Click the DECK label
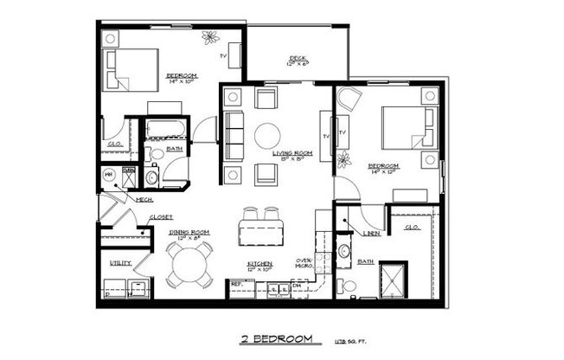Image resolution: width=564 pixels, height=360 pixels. click(x=298, y=59)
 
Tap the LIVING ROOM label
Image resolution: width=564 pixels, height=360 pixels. click(x=292, y=153)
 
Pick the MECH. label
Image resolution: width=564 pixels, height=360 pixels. click(x=144, y=200)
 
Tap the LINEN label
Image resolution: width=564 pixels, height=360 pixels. click(x=373, y=231)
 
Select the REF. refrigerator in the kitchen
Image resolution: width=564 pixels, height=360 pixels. click(x=237, y=284)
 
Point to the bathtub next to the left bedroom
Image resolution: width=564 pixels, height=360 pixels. click(x=163, y=131)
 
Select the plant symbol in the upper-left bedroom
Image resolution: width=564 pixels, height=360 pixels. click(x=211, y=37)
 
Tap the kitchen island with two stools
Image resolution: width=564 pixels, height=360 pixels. click(x=261, y=231)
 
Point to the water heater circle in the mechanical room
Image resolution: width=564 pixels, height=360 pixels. click(x=110, y=177)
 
